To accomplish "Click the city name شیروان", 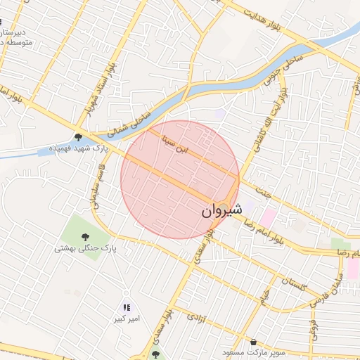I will (222, 210).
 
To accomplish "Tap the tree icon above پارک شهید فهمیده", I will (78, 137).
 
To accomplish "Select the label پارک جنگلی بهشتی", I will (85, 248).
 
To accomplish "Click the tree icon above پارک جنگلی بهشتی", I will (85, 236).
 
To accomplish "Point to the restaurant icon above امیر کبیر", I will (127, 307).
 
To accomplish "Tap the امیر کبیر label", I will (128, 319).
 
